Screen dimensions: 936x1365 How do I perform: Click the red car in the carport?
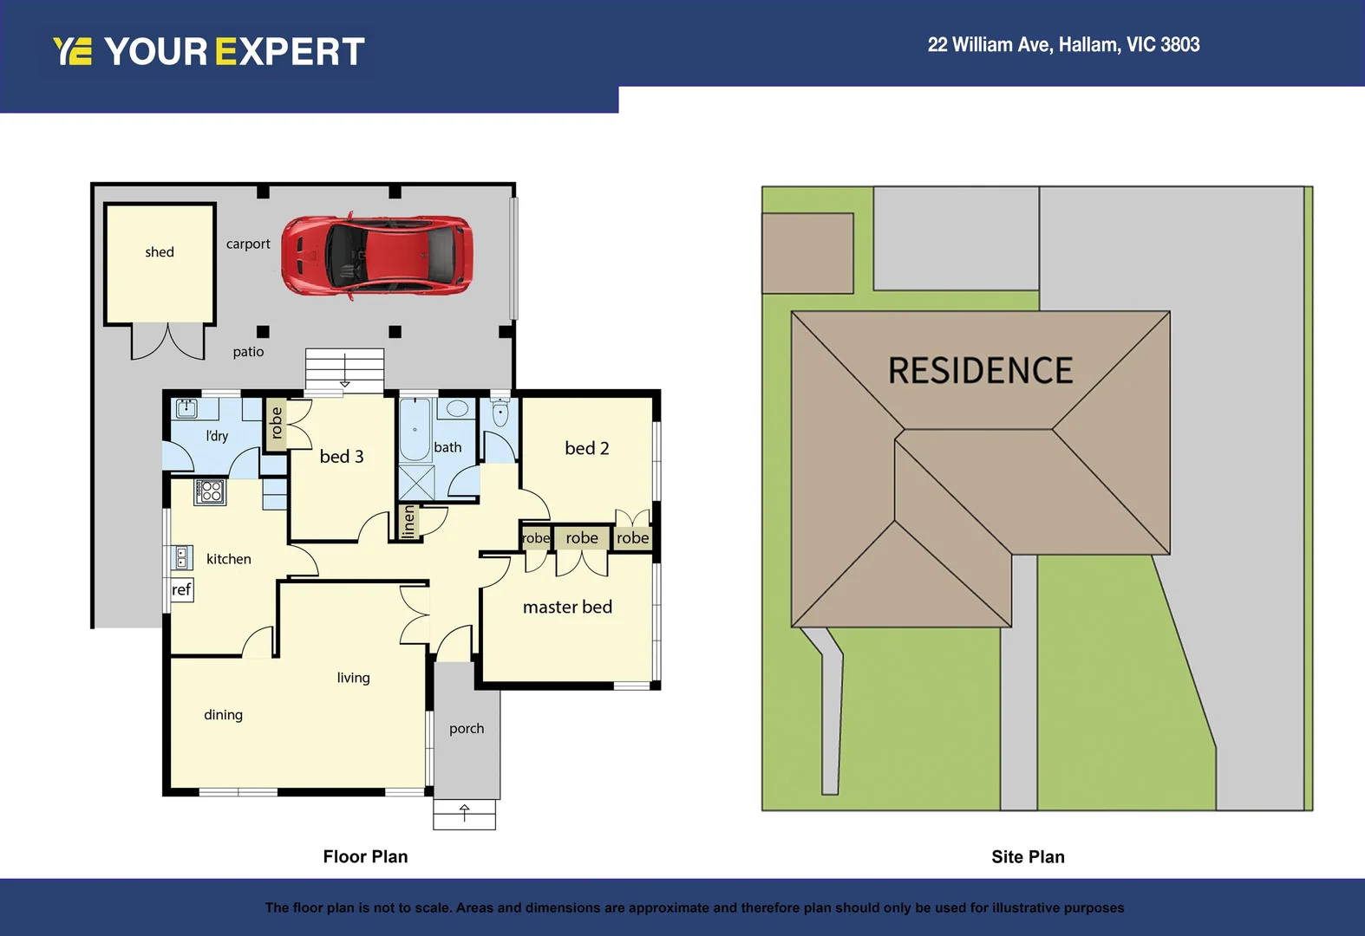376,257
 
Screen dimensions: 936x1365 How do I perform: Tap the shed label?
160,252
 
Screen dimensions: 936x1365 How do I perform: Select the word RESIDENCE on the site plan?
980,371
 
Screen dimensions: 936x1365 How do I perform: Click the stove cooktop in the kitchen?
210,492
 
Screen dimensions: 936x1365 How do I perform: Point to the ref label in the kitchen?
180,590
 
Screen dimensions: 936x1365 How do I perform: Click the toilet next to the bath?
500,413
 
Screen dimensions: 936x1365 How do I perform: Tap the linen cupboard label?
409,522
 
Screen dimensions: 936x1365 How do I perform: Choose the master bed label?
567,608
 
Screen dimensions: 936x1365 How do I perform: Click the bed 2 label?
586,448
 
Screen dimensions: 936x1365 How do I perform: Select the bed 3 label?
342,457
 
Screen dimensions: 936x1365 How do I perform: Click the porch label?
467,729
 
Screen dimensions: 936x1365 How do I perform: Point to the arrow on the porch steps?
465,814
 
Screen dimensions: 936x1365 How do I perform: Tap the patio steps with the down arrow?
344,370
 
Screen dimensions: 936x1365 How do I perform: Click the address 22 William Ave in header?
1063,45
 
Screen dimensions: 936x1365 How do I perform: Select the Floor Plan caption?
365,857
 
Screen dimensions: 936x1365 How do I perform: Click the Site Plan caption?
1028,857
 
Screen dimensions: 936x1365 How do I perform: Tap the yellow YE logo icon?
72,52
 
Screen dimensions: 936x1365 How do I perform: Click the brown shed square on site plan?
807,253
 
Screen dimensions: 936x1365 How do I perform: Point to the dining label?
223,715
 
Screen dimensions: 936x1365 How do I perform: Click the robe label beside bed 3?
277,423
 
